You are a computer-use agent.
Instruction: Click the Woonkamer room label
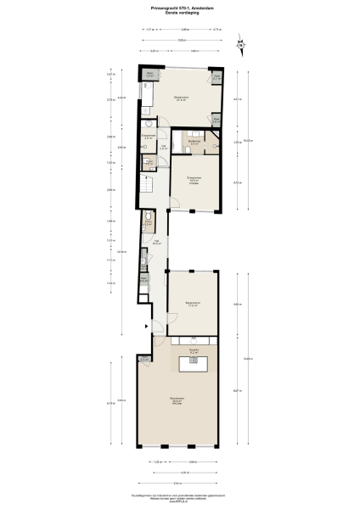pyautogui.click(x=177, y=400)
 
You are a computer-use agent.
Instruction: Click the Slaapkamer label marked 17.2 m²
pyautogui.click(x=194, y=304)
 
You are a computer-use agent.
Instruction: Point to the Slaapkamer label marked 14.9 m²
pyautogui.click(x=194, y=179)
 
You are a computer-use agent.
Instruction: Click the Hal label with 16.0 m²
pyautogui.click(x=156, y=243)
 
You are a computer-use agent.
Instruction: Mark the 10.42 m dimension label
pyautogui.click(x=246, y=141)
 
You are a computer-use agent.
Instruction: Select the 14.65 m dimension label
pyautogui.click(x=246, y=358)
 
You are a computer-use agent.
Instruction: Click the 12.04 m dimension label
pyautogui.click(x=121, y=251)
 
